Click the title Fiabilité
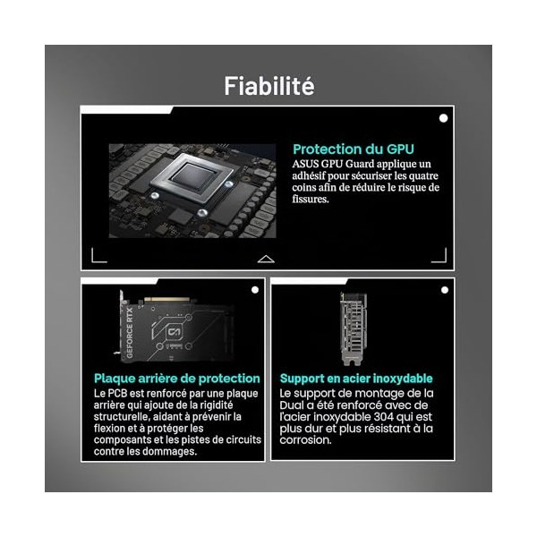pos(269,86)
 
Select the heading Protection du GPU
pos(354,149)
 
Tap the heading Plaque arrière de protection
pos(177,379)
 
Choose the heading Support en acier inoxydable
pos(356,379)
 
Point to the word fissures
pos(311,199)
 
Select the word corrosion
pos(305,440)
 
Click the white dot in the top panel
pos(444,118)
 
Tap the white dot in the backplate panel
pos(255,290)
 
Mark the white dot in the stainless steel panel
pos(445,290)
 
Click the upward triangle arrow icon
pos(266,260)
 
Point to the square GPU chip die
pos(193,177)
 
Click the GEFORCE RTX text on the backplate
pos(130,333)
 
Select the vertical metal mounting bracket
pos(353,329)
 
